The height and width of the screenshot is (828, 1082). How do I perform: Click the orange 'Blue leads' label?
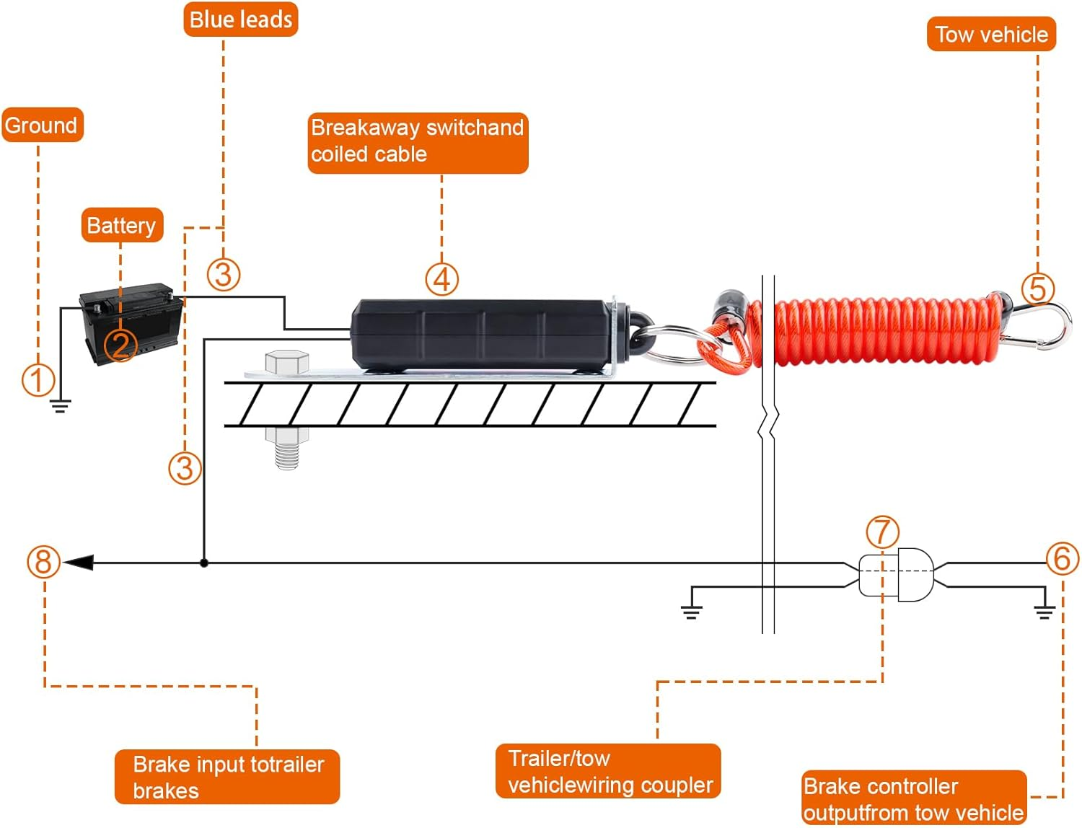(240, 19)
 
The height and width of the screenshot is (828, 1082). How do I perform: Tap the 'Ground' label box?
(42, 125)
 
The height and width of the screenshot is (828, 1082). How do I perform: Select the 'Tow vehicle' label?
(991, 35)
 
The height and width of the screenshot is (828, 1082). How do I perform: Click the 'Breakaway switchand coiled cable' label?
(418, 142)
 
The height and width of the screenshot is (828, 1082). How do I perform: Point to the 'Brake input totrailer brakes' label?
(227, 777)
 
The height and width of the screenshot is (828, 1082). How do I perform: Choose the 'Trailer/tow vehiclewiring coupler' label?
(608, 771)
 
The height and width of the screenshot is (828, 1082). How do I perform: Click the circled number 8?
(43, 562)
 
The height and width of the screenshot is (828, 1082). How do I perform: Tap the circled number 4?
(441, 279)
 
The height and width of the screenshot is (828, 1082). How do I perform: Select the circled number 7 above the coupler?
(882, 532)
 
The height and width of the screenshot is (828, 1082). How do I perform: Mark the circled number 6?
(1063, 558)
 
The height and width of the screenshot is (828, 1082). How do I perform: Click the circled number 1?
(38, 380)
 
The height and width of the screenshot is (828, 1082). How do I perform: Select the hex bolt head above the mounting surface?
(287, 362)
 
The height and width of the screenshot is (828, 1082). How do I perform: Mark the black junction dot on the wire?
(204, 563)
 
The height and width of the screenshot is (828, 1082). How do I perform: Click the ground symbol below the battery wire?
(60, 405)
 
